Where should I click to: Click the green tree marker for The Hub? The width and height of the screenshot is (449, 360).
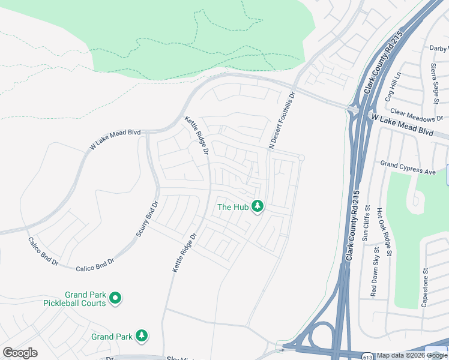pyautogui.click(x=258, y=207)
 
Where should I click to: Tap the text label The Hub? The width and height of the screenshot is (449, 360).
pyautogui.click(x=232, y=208)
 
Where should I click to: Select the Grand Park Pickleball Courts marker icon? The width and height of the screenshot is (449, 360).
pyautogui.click(x=115, y=298)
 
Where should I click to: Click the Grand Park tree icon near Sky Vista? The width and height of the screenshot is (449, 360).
pyautogui.click(x=142, y=336)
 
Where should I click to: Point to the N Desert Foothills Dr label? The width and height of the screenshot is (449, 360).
pyautogui.click(x=283, y=120)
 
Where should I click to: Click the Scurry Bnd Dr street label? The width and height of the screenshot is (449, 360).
pyautogui.click(x=148, y=221)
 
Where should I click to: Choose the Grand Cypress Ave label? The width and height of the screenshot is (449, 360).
pyautogui.click(x=408, y=167)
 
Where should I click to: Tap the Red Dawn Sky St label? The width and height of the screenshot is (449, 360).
pyautogui.click(x=375, y=272)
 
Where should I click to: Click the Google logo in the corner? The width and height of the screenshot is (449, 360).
pyautogui.click(x=20, y=352)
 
